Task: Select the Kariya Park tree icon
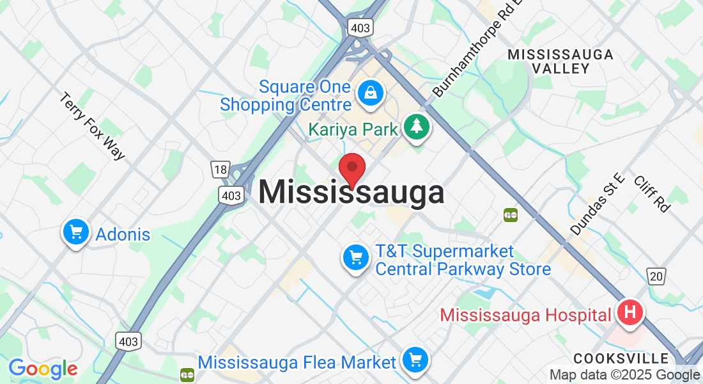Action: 417,127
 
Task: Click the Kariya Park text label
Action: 353,129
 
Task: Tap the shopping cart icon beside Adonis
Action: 76,232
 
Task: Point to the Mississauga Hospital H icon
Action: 630,314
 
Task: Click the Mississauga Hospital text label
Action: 525,315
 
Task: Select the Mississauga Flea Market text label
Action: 297,363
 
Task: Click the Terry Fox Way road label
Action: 93,126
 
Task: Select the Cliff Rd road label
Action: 653,193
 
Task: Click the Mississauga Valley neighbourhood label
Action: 560,61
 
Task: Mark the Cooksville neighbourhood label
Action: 621,358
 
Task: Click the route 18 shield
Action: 220,170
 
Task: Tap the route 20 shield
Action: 656,276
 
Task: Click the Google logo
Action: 43,369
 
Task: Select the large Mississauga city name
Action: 351,193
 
